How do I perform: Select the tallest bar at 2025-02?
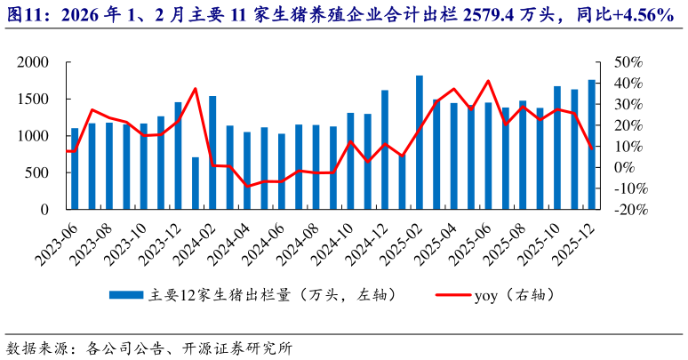[x=420, y=142]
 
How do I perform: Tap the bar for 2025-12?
[x=592, y=145]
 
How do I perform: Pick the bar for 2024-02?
[x=212, y=153]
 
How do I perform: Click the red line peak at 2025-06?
[x=488, y=81]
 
